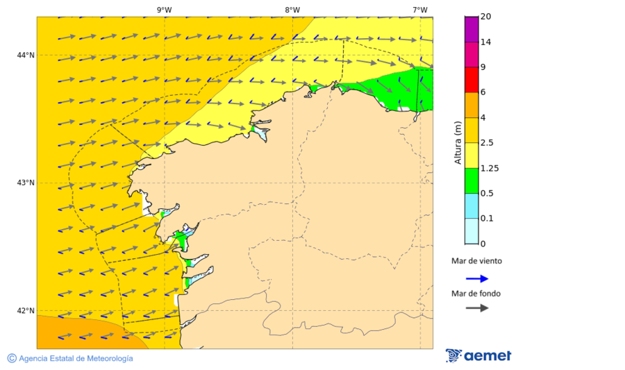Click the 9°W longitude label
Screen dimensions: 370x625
pos(165,10)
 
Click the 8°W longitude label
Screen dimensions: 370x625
pos(292,10)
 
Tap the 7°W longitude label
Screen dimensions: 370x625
pos(419,10)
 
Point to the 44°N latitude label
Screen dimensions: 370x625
pos(26,55)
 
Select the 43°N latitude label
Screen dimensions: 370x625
pos(26,183)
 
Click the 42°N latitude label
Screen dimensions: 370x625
pos(26,310)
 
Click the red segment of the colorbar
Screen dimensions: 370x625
pos(472,80)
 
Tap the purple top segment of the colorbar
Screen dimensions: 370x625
pos(472,29)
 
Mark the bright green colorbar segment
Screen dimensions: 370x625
pos(472,180)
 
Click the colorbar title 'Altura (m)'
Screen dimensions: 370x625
pos(457,142)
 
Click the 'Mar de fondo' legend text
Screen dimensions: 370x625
pos(476,293)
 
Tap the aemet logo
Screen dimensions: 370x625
pos(478,355)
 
